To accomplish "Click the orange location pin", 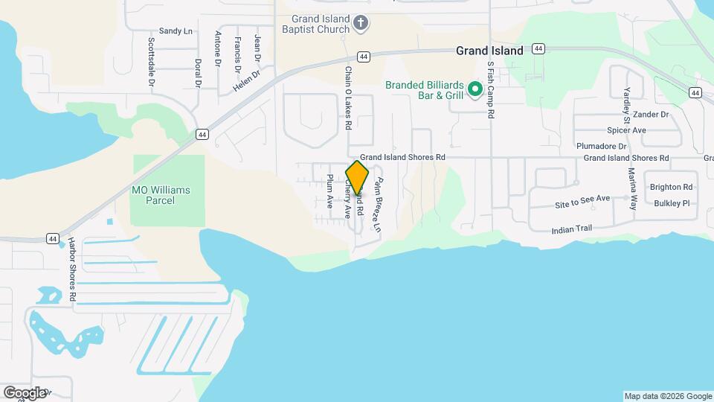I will pyautogui.click(x=358, y=178).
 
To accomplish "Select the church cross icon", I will pyautogui.click(x=361, y=24).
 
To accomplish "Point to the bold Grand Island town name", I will pyautogui.click(x=489, y=51).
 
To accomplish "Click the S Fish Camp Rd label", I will pyautogui.click(x=491, y=90).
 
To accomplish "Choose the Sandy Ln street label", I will pyautogui.click(x=176, y=31).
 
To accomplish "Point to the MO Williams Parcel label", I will pyautogui.click(x=161, y=195).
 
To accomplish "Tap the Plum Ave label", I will pyautogui.click(x=329, y=191).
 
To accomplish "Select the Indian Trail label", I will pyautogui.click(x=572, y=229).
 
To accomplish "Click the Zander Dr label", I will pyautogui.click(x=652, y=115).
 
